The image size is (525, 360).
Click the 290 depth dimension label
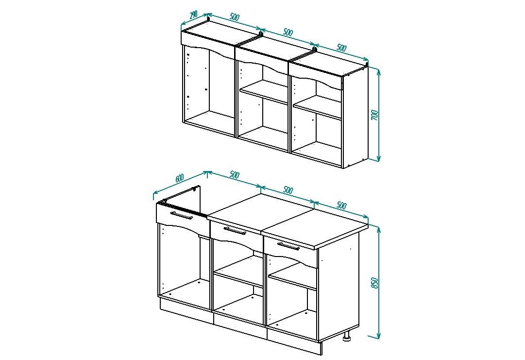(193, 15)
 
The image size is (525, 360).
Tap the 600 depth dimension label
(180, 178)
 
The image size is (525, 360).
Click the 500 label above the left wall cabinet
(235, 17)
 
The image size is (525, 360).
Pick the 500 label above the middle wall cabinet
(288, 33)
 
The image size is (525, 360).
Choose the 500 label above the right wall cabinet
(341, 48)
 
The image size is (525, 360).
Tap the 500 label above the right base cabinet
(341, 205)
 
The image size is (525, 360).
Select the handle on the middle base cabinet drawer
(235, 231)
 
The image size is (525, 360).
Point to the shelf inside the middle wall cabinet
(264, 91)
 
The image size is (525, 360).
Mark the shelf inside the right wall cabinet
(318, 107)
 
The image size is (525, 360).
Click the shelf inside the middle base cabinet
(238, 271)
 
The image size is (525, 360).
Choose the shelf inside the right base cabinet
(292, 275)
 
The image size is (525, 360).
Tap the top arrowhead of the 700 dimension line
(379, 71)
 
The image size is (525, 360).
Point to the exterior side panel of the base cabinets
(338, 291)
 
